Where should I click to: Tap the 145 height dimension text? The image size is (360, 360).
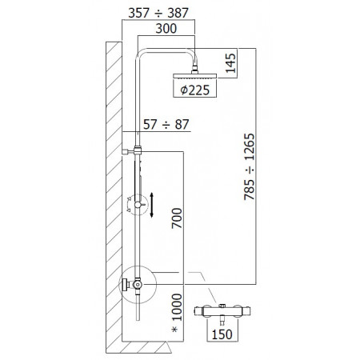(x=231, y=63)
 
